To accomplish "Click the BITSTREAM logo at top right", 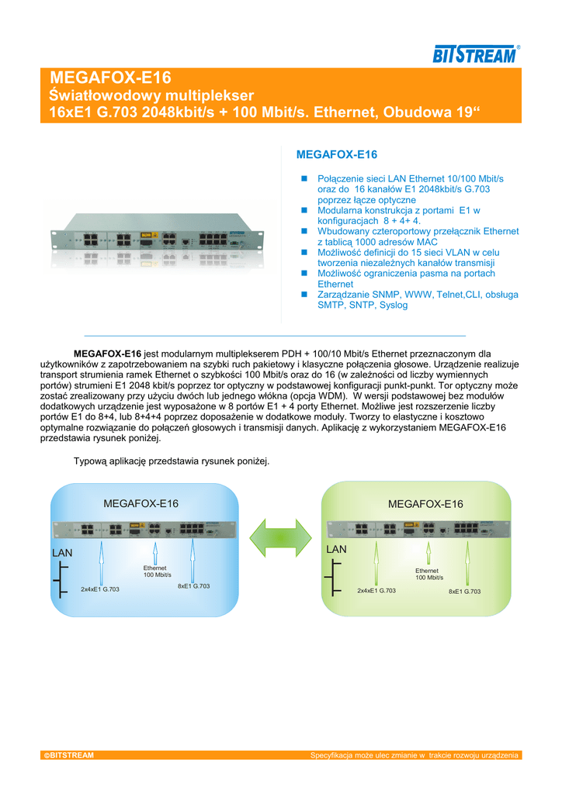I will [x=474, y=54].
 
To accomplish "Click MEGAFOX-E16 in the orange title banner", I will [x=110, y=78].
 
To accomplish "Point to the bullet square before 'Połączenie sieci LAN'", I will [x=305, y=179].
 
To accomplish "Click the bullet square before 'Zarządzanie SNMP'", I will [x=305, y=295].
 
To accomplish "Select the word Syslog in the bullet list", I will [x=392, y=306].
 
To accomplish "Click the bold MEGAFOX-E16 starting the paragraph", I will [x=107, y=354].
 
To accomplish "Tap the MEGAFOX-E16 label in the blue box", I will [x=140, y=503].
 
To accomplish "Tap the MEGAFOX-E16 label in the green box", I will [x=425, y=504].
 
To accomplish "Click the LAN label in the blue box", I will [x=61, y=553].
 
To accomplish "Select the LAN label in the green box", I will [x=336, y=549].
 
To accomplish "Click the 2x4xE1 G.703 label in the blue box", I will [x=100, y=589].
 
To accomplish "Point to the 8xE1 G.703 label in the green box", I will [x=464, y=591].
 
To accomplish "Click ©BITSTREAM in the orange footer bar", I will [x=70, y=755].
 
